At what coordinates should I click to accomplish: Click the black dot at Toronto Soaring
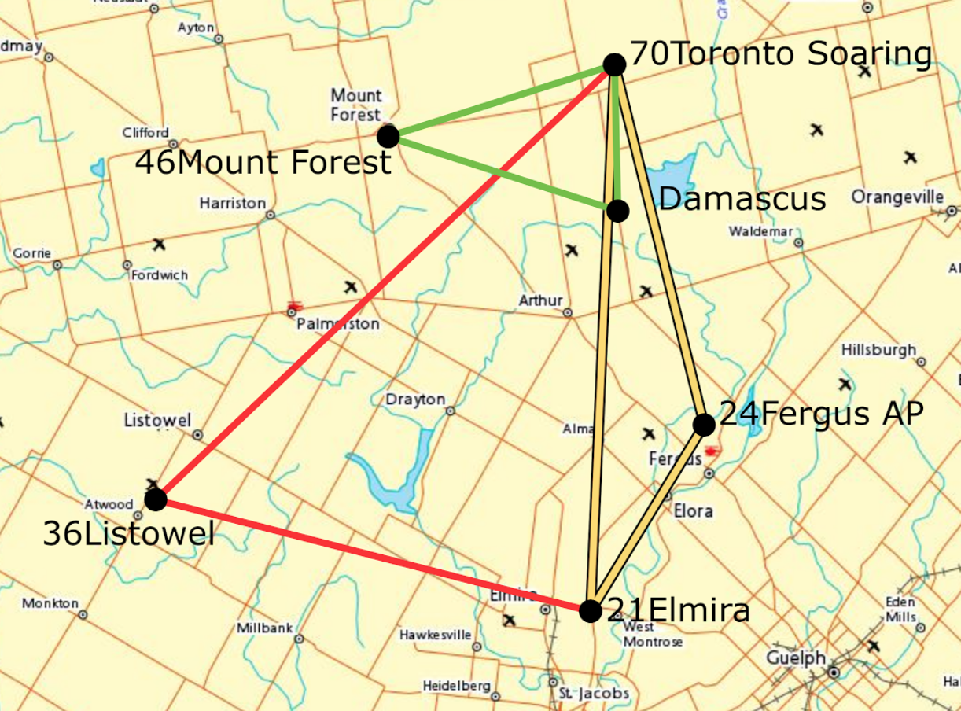coord(614,64)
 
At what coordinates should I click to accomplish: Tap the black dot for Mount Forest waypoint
coord(388,136)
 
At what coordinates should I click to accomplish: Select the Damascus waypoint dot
coord(617,211)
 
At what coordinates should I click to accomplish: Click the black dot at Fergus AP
coord(704,425)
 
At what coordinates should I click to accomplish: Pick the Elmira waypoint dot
coord(590,610)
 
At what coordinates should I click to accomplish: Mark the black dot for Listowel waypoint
coord(156,499)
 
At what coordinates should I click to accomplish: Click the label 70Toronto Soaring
coord(781,55)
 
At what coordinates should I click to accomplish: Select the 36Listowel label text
coord(128,535)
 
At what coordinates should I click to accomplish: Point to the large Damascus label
coord(742,199)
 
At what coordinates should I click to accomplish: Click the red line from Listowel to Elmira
coord(370,554)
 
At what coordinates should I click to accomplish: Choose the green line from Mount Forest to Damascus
coord(503,174)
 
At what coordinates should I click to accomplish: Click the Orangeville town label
coord(897,196)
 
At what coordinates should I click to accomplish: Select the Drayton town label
coord(414,400)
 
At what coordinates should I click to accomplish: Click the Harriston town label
coord(232,203)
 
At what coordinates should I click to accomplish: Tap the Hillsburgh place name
coord(878,349)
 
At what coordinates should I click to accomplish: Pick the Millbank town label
coord(265,628)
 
